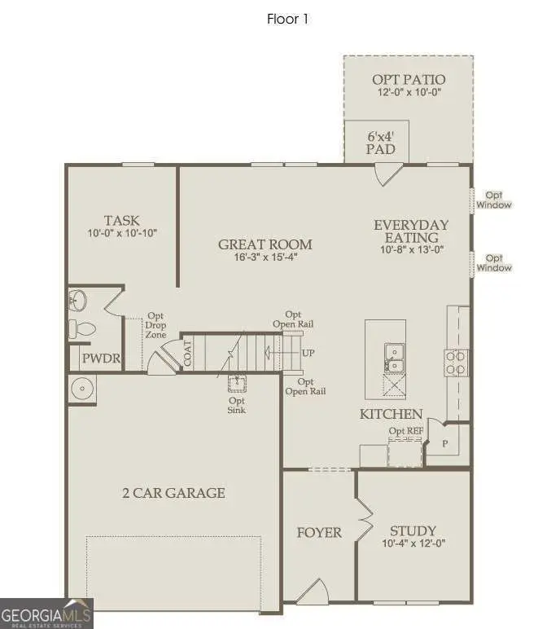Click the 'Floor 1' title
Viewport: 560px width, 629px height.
click(x=288, y=19)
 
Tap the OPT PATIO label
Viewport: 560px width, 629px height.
click(x=409, y=79)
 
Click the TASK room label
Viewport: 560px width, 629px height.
click(x=121, y=220)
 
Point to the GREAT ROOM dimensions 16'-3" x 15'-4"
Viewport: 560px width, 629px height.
click(x=265, y=258)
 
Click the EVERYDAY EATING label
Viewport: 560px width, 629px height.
click(x=411, y=231)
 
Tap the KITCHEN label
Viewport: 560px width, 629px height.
click(x=391, y=414)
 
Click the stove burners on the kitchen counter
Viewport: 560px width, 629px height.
click(x=456, y=363)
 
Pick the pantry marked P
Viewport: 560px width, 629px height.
click(x=445, y=444)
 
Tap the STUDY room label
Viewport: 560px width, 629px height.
click(x=413, y=530)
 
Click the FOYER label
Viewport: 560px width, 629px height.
click(x=318, y=533)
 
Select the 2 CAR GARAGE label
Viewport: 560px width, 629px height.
click(x=173, y=492)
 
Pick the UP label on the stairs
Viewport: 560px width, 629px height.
click(x=308, y=354)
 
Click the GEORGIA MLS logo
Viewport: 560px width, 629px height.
click(x=46, y=613)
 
